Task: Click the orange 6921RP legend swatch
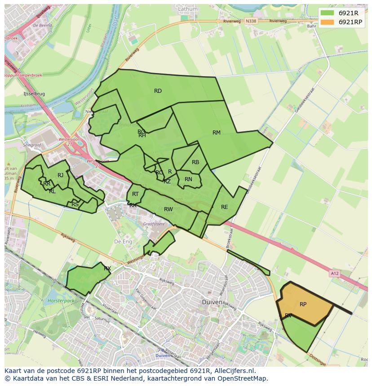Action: tap(328, 22)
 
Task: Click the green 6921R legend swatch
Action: tap(328, 13)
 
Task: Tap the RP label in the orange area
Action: tap(303, 304)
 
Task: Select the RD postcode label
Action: tap(158, 91)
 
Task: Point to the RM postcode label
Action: tap(217, 132)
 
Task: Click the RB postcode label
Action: tap(195, 162)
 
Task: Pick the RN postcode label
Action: tap(188, 179)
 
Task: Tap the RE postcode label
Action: tap(225, 207)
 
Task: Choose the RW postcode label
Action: tap(168, 209)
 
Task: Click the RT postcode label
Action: tap(135, 194)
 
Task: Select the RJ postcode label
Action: tap(60, 175)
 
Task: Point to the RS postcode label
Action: tap(75, 204)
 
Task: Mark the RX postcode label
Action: tap(107, 269)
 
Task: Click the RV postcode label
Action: tap(288, 316)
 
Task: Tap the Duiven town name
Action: tap(212, 302)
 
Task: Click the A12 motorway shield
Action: tap(334, 273)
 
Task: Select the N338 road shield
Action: tap(251, 21)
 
